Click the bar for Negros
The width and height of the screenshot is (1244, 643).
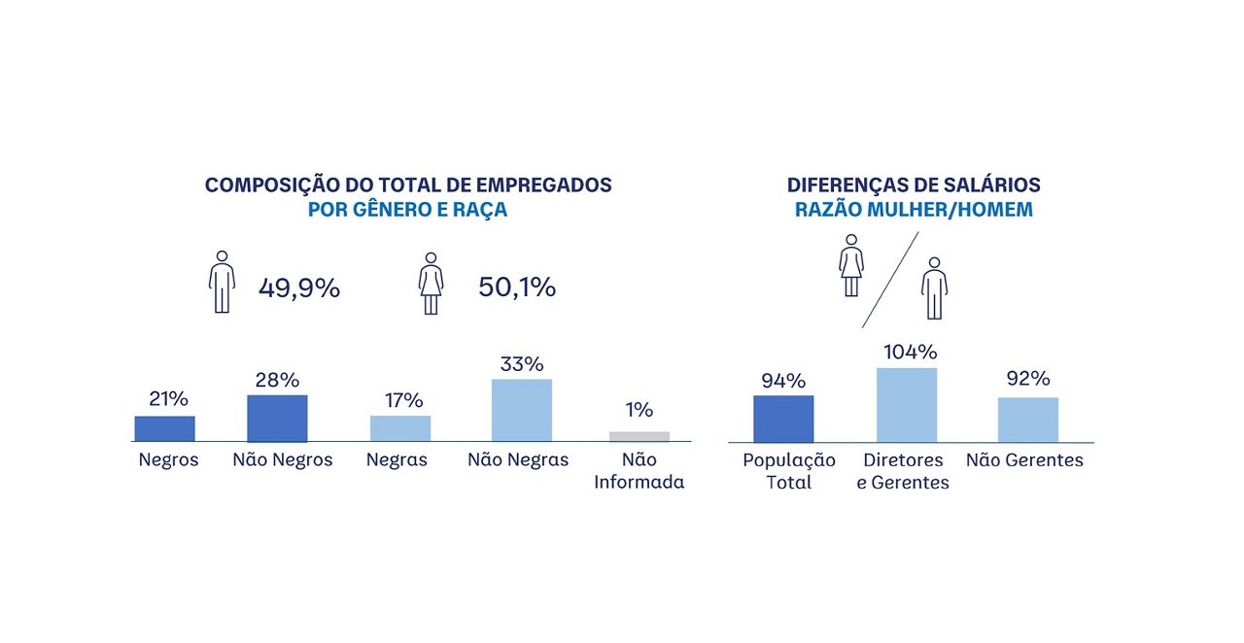(164, 428)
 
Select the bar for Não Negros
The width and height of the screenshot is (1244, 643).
(277, 419)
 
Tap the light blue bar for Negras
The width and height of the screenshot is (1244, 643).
(400, 428)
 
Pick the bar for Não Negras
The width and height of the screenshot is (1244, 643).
(522, 411)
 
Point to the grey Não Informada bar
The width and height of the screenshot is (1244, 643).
(639, 436)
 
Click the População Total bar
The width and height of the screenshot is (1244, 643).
(783, 419)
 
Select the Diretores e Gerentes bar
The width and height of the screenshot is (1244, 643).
(907, 405)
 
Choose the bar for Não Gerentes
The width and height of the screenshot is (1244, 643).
(1028, 420)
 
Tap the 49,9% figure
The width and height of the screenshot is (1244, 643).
(299, 288)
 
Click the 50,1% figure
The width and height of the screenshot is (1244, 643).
(517, 288)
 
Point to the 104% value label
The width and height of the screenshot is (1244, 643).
(910, 352)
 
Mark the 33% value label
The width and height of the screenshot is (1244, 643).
(522, 364)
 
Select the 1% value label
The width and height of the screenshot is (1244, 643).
(639, 410)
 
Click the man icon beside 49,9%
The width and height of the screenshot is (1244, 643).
(223, 282)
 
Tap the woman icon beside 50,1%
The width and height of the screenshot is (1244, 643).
(431, 283)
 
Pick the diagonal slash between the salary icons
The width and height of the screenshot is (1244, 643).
(889, 280)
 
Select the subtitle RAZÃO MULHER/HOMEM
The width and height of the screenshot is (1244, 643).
(914, 210)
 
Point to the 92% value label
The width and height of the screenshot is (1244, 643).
(1028, 379)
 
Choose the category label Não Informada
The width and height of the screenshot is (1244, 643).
(639, 471)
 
